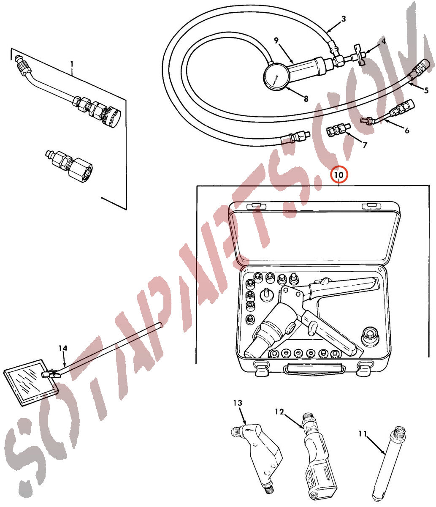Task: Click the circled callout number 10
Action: tap(339, 175)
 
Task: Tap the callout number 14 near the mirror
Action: tap(63, 348)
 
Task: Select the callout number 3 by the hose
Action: tap(344, 19)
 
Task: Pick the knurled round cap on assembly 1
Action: tap(112, 115)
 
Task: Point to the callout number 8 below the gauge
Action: tap(306, 98)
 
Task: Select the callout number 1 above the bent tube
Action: tap(72, 64)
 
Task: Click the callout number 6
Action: tap(407, 130)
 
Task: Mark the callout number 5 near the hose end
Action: tap(426, 90)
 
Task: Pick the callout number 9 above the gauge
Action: tap(276, 40)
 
